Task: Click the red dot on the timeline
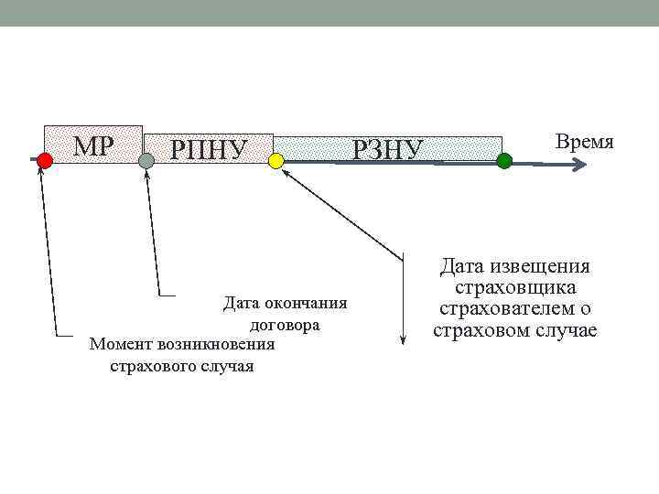[x=44, y=160]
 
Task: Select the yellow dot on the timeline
[x=276, y=161]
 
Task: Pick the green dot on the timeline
[x=504, y=160]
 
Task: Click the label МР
[x=93, y=145]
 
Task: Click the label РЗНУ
[x=388, y=148]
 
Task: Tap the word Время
[x=584, y=142]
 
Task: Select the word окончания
[x=304, y=304]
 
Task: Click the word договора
[x=284, y=325]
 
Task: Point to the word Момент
[x=121, y=345]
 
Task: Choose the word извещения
[x=544, y=266]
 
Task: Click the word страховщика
[x=514, y=287]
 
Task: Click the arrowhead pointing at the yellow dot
[x=284, y=170]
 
